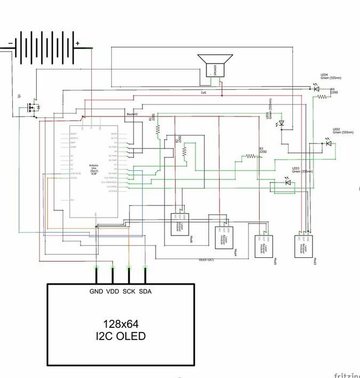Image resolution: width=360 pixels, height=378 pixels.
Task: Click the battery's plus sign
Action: click(x=77, y=43)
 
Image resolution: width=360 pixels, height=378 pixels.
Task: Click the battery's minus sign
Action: click(x=10, y=43)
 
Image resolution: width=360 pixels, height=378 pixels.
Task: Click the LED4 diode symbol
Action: click(x=316, y=89)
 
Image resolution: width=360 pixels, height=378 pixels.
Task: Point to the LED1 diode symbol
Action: click(x=282, y=123)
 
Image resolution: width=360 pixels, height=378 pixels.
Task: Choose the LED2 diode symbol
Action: click(x=328, y=143)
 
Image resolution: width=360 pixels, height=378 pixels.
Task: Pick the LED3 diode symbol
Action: click(x=289, y=183)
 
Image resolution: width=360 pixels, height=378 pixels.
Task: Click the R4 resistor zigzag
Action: click(x=322, y=97)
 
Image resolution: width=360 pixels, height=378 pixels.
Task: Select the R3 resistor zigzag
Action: click(x=249, y=157)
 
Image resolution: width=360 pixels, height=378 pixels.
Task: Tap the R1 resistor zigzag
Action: click(x=159, y=128)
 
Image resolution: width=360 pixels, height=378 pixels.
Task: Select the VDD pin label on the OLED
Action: click(x=113, y=292)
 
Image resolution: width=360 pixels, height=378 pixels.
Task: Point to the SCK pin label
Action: click(x=129, y=292)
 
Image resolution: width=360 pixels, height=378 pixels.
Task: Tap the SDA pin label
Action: click(x=145, y=292)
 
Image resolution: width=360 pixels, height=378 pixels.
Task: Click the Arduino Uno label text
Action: click(x=93, y=169)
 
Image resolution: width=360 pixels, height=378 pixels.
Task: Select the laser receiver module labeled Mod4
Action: click(x=224, y=238)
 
